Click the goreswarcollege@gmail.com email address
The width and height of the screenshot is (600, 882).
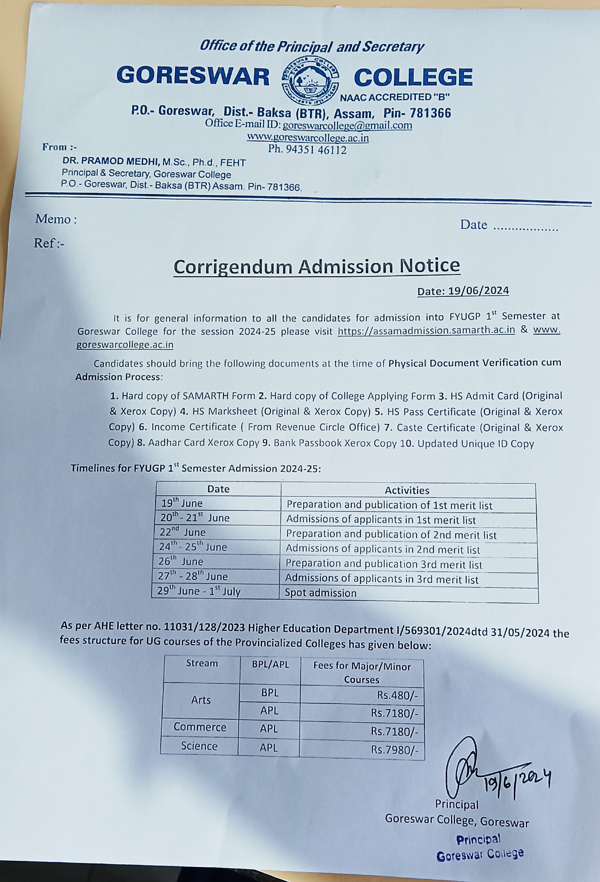tap(347, 125)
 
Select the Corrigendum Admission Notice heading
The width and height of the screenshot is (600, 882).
tap(317, 266)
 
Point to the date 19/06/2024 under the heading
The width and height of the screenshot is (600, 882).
tap(463, 291)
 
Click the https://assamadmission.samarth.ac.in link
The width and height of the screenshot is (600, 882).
tap(426, 330)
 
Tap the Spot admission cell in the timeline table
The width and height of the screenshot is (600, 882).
tap(321, 593)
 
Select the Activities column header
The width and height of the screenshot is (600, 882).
tap(407, 490)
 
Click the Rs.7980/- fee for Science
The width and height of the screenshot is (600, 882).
tap(395, 750)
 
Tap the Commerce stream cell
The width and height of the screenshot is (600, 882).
tap(200, 727)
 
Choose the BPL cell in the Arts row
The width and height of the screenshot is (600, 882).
tap(269, 692)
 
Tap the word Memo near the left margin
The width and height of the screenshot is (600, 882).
tap(53, 219)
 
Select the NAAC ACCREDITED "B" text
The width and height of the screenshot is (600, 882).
tap(395, 97)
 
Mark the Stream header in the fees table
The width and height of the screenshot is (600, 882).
tap(202, 663)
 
